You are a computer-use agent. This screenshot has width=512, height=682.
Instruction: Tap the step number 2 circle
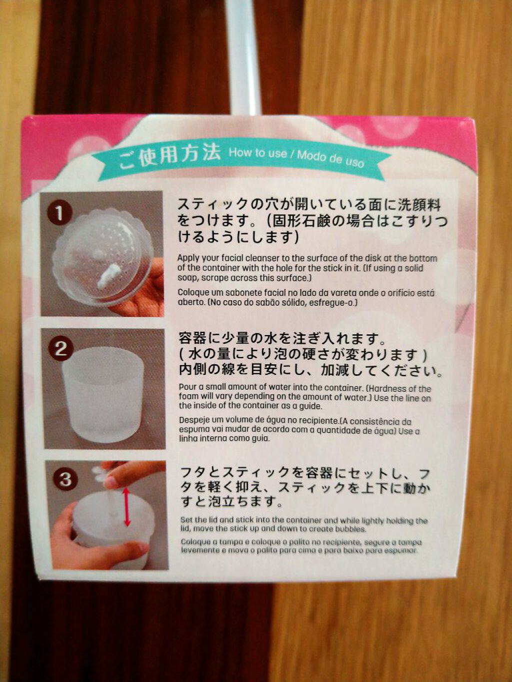click(x=61, y=348)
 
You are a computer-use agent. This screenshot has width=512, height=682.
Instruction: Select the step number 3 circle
click(x=65, y=480)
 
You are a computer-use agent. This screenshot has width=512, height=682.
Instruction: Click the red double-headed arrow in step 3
click(x=126, y=507)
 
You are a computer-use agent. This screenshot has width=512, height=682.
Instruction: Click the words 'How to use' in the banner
click(x=257, y=153)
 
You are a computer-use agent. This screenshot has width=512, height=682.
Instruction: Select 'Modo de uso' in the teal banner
click(x=330, y=158)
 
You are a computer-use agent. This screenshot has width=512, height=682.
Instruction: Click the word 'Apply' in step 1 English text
click(x=188, y=258)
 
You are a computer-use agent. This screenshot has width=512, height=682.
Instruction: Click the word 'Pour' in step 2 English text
click(x=187, y=387)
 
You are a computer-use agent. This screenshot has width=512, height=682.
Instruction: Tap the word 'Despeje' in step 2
click(x=194, y=421)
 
